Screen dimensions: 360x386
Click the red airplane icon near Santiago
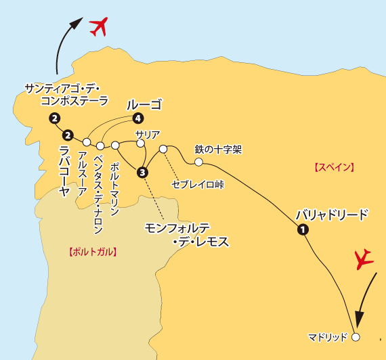pyautogui.click(x=99, y=27)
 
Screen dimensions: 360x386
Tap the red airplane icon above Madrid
pyautogui.click(x=365, y=258)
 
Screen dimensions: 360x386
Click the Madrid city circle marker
pyautogui.click(x=356, y=336)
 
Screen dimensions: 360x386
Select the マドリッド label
pyautogui.click(x=327, y=336)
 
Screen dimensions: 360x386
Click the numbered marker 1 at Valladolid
pyautogui.click(x=303, y=230)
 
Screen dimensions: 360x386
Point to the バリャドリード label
pyautogui.click(x=333, y=215)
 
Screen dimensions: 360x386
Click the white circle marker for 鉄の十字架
pyautogui.click(x=198, y=162)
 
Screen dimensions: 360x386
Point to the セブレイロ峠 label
pyautogui.click(x=198, y=183)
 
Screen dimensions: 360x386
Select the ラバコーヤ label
pyautogui.click(x=64, y=170)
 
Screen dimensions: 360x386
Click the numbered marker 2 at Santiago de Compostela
pyautogui.click(x=53, y=119)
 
